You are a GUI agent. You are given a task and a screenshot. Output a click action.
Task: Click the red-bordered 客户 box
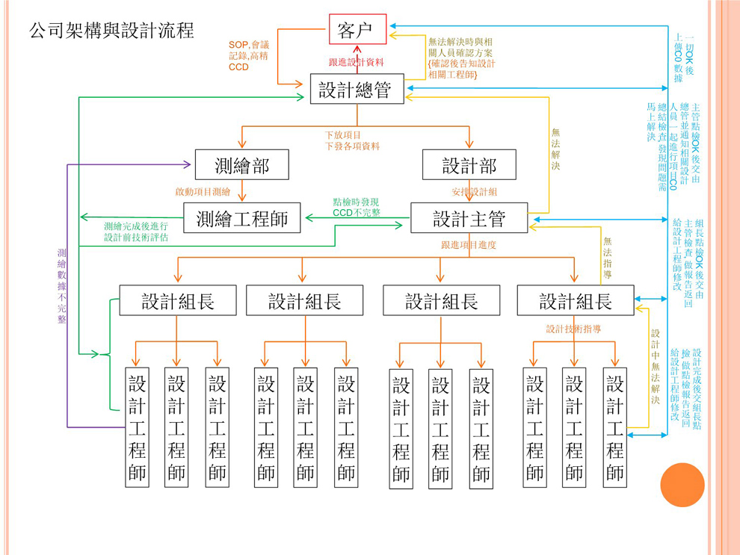357,30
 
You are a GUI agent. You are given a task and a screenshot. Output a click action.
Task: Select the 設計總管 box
357,89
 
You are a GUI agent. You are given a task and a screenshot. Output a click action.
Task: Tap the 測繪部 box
241,164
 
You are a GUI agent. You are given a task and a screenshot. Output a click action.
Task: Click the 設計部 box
469,164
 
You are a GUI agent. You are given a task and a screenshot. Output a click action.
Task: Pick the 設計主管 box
469,218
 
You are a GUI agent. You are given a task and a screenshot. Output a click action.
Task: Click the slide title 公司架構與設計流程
111,31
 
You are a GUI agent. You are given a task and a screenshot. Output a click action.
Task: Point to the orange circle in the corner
682,485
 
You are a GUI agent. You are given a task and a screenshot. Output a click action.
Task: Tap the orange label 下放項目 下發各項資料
352,141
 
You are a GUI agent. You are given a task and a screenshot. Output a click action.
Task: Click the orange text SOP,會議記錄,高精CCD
249,56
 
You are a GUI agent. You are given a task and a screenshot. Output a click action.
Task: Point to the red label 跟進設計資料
357,63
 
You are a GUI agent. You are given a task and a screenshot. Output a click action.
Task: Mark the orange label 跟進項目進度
469,245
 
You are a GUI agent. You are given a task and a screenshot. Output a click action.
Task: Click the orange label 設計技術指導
574,329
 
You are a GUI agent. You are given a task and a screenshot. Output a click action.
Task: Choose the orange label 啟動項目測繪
203,192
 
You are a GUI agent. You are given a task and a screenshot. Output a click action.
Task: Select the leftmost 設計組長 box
178,300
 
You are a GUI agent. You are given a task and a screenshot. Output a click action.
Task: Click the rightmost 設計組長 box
575,300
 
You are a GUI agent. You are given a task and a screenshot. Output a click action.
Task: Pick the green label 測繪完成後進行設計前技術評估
136,232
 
